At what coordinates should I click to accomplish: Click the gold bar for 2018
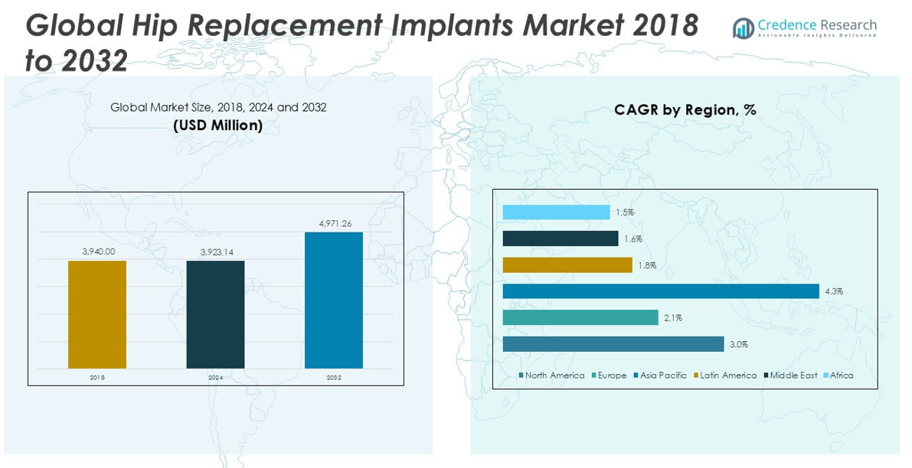click(97, 314)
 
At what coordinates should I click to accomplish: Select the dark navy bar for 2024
click(215, 314)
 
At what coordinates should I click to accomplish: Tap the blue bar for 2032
click(334, 300)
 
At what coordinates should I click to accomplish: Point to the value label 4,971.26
click(335, 223)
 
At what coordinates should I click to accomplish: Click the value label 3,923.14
click(216, 252)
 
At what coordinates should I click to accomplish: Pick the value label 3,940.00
click(98, 251)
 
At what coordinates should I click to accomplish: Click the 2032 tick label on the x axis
click(334, 378)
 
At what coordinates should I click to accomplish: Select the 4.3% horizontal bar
click(661, 291)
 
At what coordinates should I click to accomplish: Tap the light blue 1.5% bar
click(556, 213)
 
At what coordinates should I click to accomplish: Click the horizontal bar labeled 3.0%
click(613, 344)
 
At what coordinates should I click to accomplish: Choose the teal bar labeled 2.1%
click(580, 317)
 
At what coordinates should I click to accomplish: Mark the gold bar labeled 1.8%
click(567, 265)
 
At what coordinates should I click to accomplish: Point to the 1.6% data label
click(633, 239)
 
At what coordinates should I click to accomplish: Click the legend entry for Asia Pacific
click(662, 375)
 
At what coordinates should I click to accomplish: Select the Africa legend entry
click(841, 375)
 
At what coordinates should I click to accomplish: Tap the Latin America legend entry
click(727, 375)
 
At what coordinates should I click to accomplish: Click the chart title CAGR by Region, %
click(685, 110)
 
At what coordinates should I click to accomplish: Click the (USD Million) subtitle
click(217, 125)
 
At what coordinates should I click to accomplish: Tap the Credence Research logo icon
click(743, 28)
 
